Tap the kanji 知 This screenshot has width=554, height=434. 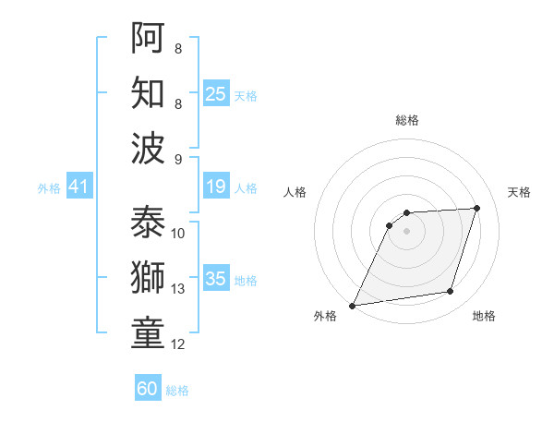pyautogui.click(x=148, y=93)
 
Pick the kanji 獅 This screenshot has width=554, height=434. pyautogui.click(x=148, y=280)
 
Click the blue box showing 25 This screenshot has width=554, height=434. pyautogui.click(x=216, y=94)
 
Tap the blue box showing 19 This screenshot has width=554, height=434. pyautogui.click(x=216, y=187)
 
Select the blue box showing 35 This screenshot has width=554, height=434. pyautogui.click(x=216, y=280)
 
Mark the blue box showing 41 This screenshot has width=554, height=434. pyautogui.click(x=78, y=187)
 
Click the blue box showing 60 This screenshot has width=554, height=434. pyautogui.click(x=148, y=389)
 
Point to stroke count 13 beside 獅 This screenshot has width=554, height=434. pyautogui.click(x=178, y=289)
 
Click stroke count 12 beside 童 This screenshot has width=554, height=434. pyautogui.click(x=178, y=344)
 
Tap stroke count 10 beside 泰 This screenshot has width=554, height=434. pyautogui.click(x=178, y=233)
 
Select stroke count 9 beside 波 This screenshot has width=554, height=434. pyautogui.click(x=178, y=159)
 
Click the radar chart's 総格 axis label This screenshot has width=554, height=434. pyautogui.click(x=406, y=120)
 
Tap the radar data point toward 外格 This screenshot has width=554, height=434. pyautogui.click(x=352, y=306)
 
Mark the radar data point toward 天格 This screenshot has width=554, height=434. pyautogui.click(x=477, y=208)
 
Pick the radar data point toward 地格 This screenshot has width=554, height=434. pyautogui.click(x=451, y=292)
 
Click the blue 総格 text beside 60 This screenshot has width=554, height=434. pyautogui.click(x=177, y=391)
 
